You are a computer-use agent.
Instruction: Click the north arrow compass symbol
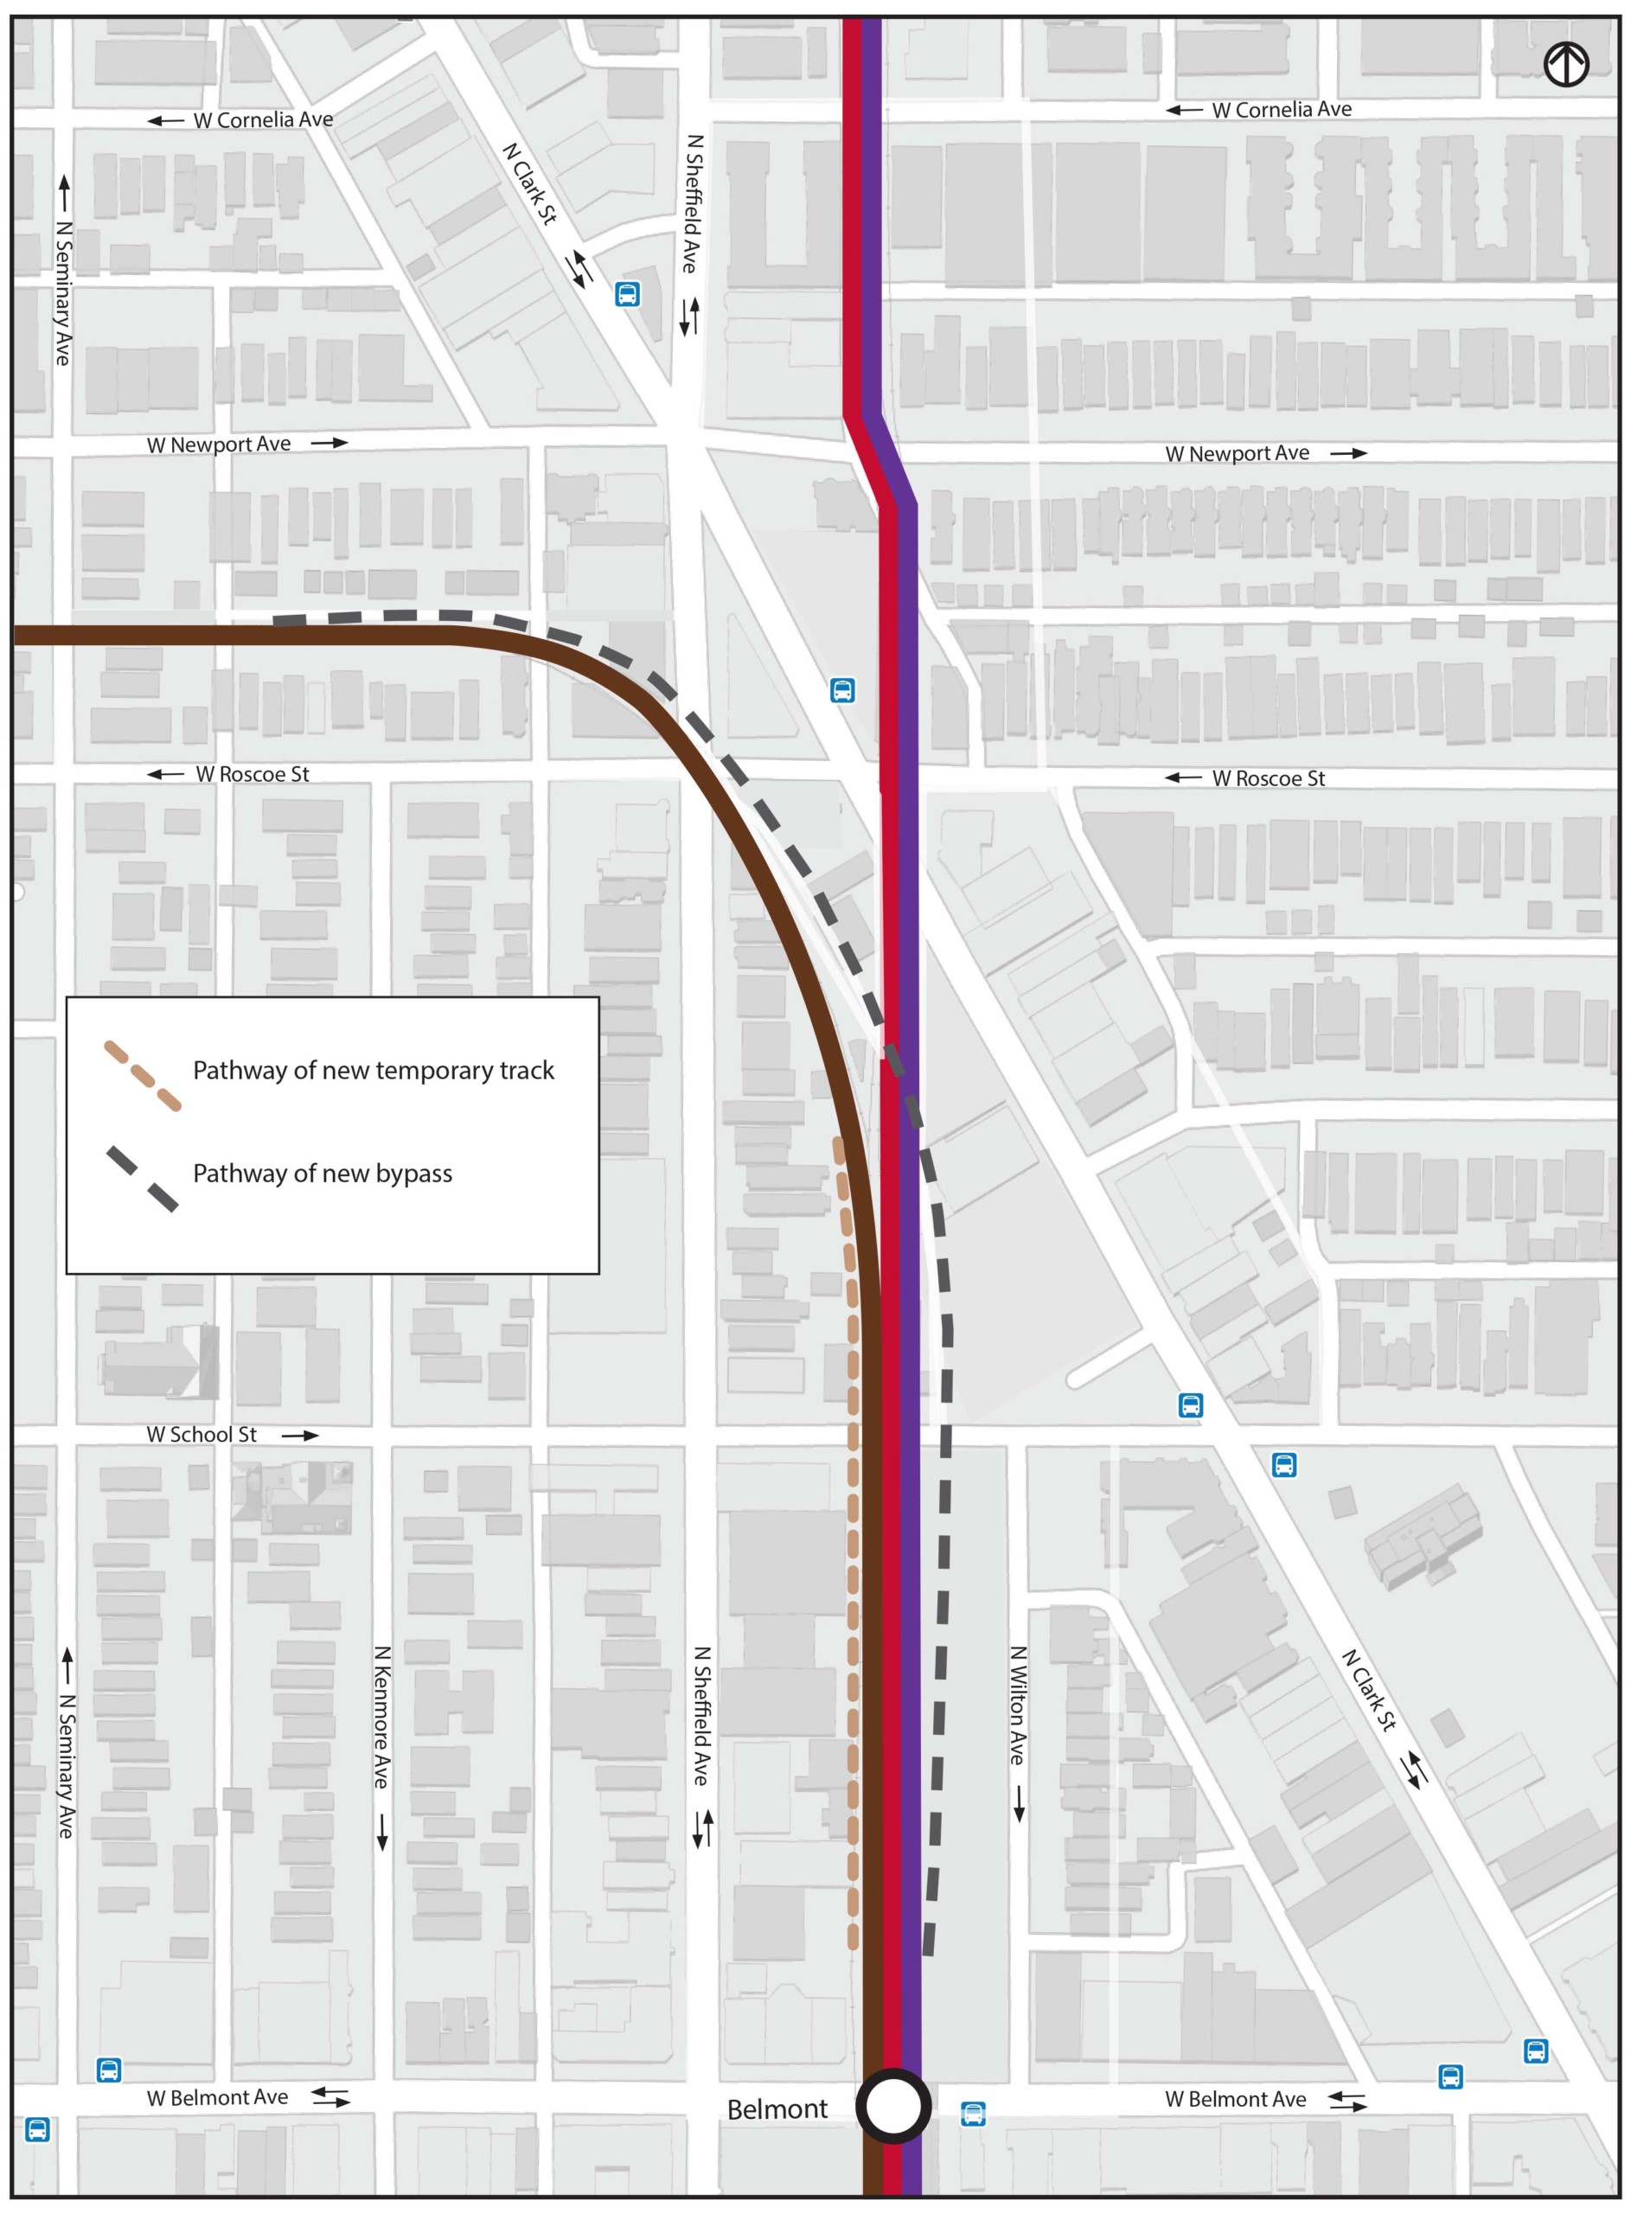[1566, 66]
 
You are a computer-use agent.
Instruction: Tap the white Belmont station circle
[893, 2105]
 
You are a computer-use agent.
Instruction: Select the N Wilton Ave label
[1018, 1705]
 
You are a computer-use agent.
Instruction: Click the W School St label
[201, 1434]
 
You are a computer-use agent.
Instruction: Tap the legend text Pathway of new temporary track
[374, 1070]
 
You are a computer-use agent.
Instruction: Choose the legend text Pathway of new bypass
[322, 1173]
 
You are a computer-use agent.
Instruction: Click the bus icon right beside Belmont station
[973, 2114]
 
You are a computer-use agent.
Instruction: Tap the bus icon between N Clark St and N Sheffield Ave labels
[627, 293]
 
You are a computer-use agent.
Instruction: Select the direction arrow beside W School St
[300, 1435]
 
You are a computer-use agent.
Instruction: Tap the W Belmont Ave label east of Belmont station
[1235, 2100]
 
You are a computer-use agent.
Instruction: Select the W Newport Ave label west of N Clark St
[218, 445]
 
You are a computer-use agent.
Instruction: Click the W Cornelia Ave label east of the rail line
[1282, 110]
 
